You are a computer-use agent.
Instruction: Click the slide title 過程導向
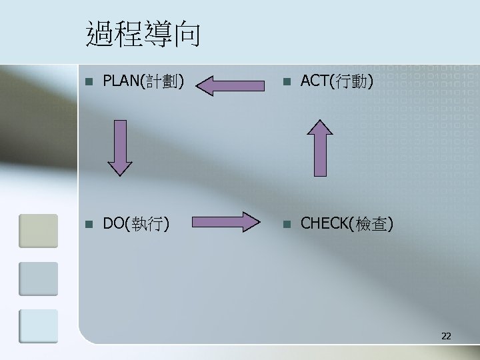143,35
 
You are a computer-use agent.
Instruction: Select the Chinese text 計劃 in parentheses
161,82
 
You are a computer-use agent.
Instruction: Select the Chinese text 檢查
374,223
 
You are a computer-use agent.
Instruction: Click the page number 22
446,337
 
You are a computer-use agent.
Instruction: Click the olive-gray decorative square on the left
38,230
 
